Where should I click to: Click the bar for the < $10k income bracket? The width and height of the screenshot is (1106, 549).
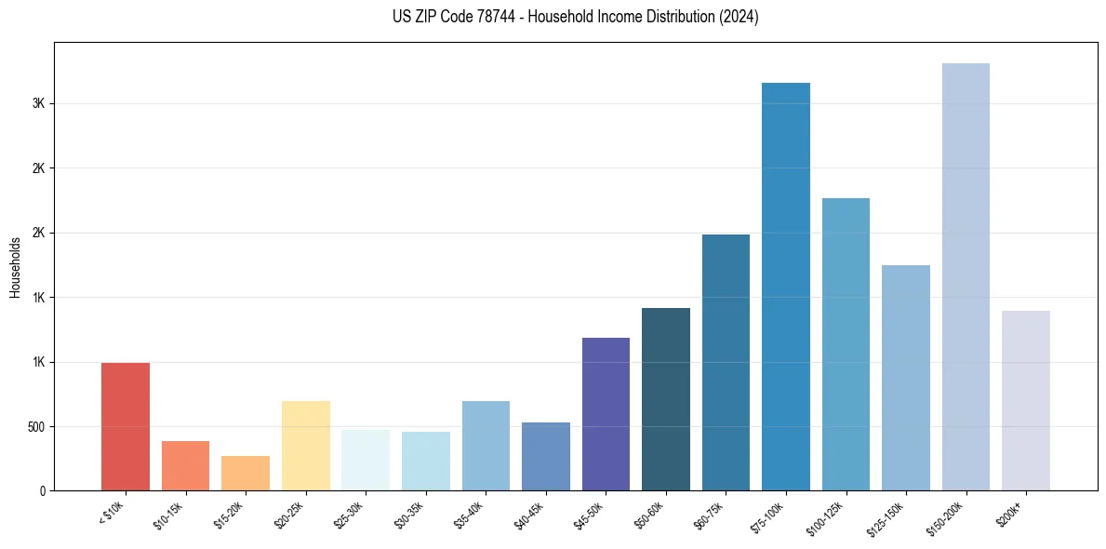[126, 426]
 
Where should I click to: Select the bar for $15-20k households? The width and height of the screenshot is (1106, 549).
[246, 473]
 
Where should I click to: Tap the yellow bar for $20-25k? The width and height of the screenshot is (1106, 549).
[306, 445]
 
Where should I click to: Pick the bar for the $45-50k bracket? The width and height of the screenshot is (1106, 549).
[606, 413]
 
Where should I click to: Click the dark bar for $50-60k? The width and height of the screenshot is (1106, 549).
[666, 398]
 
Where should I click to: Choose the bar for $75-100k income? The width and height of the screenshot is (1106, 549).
[786, 287]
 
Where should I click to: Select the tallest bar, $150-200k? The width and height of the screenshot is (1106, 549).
[966, 276]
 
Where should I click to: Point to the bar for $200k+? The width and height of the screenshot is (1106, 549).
[1026, 400]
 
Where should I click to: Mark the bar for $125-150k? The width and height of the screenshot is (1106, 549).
[906, 377]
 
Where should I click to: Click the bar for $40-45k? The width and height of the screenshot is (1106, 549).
[546, 456]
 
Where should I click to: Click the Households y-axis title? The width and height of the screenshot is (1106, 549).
[16, 267]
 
